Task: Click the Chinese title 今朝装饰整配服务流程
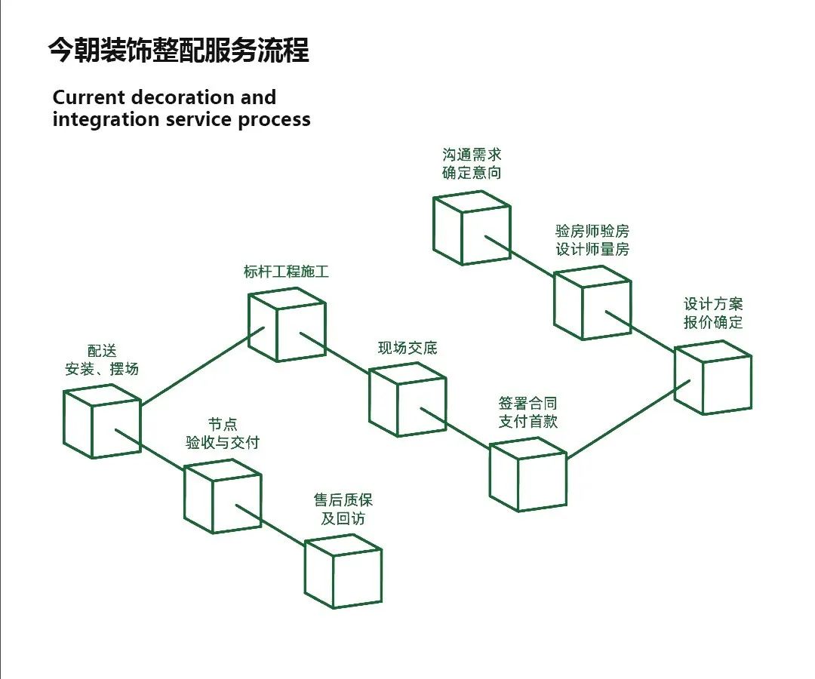178,51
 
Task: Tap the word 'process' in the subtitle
275,119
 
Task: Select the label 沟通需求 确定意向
472,164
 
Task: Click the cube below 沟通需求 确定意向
472,228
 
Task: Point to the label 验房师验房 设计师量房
592,240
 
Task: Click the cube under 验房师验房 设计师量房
592,303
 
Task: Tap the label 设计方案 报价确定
713,313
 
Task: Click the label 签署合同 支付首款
528,413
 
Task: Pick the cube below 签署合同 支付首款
528,475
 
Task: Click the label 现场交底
407,349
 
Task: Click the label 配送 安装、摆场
102,360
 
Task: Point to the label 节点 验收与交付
223,434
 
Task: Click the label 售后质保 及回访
343,509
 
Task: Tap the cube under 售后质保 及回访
343,571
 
